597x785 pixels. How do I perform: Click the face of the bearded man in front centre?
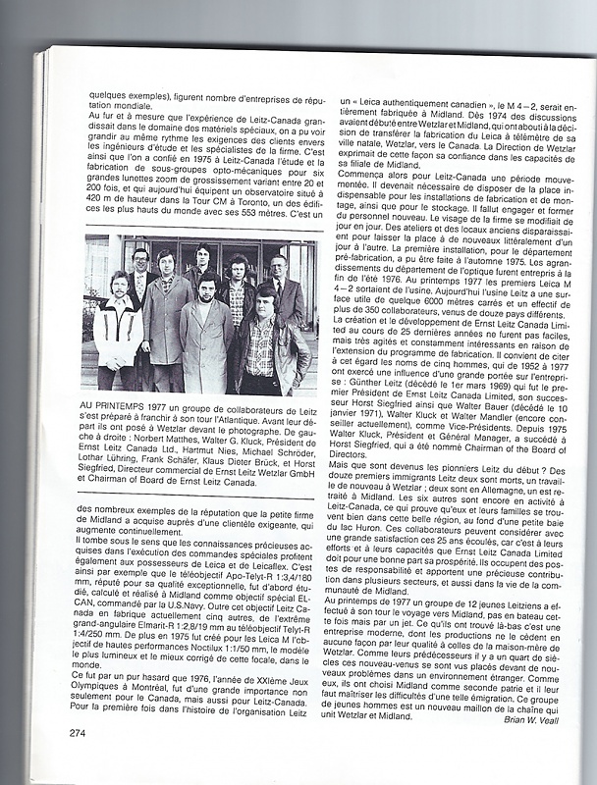click(207, 291)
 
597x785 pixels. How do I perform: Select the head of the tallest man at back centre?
click(203, 254)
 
